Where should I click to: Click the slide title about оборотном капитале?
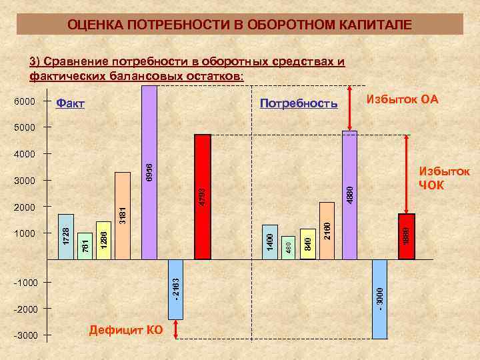tap(239, 25)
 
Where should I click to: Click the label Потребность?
tap(299, 104)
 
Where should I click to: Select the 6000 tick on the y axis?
tap(25, 103)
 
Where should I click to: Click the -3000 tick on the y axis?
tap(24, 335)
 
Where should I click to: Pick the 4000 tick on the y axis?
tap(25, 154)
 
